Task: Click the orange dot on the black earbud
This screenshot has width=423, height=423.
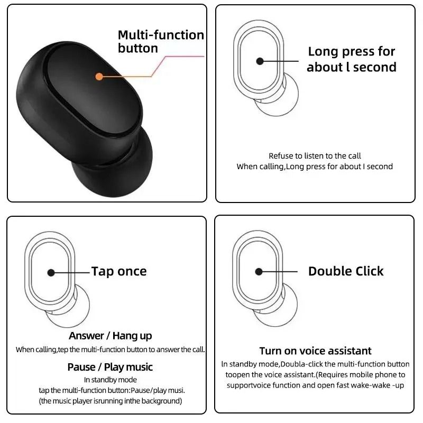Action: coord(99,76)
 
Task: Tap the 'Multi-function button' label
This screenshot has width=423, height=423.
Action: coord(161,42)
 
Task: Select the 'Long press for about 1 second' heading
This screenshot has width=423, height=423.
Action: coord(351,59)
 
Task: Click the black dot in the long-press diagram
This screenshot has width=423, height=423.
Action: coord(260,61)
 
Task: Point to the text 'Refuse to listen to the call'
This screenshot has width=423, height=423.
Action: coord(315,156)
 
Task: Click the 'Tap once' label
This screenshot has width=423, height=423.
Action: coord(119,271)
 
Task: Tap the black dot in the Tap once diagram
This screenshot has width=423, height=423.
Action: coord(51,272)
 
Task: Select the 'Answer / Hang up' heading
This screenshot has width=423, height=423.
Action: coord(110,336)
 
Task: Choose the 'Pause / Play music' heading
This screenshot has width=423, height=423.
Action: coord(110,367)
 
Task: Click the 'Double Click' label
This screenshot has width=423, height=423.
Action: coord(346,271)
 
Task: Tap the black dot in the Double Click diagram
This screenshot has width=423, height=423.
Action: coord(259,272)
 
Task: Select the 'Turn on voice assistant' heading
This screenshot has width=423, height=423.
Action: coord(315,351)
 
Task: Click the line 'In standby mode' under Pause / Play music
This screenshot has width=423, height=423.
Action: coord(110,380)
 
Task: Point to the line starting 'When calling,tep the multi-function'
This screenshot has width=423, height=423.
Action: coord(110,350)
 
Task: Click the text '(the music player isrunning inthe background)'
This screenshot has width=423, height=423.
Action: coord(110,401)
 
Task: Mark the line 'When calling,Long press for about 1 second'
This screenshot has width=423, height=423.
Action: coord(315,167)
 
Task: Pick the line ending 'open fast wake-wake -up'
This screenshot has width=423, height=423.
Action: coord(315,385)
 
